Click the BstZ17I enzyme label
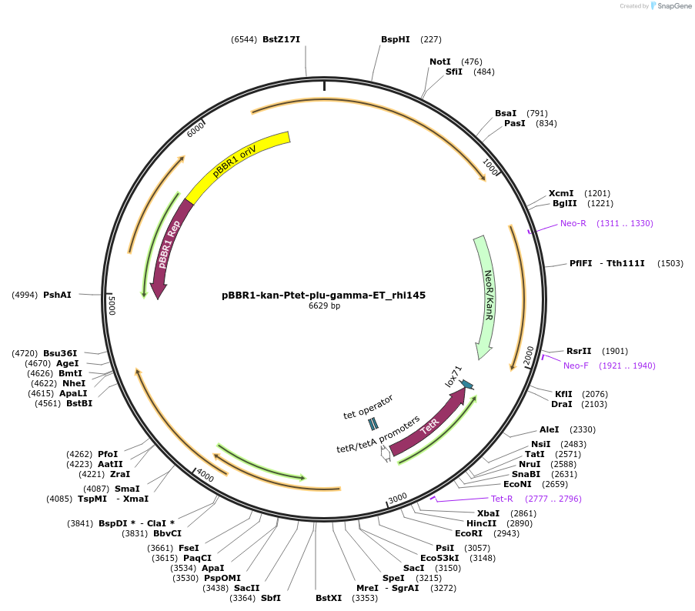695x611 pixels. coord(281,39)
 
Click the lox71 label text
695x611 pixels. coord(453,376)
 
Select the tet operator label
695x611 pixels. coord(368,406)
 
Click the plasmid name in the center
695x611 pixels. coord(323,295)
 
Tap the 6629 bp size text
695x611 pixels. coord(324,306)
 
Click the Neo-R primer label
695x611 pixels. coord(573,223)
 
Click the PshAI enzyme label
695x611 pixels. coord(57,295)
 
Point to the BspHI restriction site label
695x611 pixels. coord(396,39)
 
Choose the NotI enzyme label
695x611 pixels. coord(440,62)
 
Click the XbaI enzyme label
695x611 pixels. coord(488,513)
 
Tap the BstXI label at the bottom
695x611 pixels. coord(329,597)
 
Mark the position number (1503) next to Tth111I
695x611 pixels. coord(670,263)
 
